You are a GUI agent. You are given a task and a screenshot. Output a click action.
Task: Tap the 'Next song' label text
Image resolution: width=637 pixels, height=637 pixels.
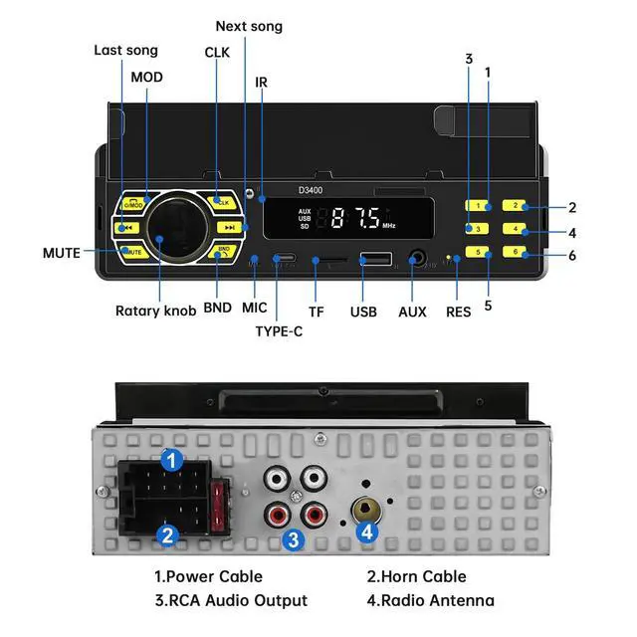(249, 27)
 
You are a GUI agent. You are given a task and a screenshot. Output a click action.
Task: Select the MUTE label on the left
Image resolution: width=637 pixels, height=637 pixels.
(61, 253)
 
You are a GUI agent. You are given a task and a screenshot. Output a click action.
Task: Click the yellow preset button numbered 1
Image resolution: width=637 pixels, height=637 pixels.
(478, 206)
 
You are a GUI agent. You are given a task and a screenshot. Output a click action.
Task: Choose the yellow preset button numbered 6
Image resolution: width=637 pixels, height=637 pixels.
(514, 252)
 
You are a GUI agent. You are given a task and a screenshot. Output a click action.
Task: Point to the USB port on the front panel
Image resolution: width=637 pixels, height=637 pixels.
(375, 261)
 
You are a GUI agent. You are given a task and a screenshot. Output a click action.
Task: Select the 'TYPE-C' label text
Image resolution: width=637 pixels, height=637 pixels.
(279, 331)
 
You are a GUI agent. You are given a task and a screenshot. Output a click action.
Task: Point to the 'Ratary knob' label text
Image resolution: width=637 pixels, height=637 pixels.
(156, 311)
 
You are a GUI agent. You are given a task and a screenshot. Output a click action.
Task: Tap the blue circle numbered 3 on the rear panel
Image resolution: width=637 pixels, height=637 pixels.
(293, 539)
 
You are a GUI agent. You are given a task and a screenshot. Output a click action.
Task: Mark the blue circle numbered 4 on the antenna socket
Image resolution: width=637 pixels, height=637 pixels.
(368, 532)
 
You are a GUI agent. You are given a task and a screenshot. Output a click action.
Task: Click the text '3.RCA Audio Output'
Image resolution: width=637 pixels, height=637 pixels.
(231, 600)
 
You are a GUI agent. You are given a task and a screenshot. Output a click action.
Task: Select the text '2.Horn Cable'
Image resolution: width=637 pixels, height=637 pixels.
(416, 576)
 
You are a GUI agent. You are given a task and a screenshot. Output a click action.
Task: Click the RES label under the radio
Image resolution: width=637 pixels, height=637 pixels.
(458, 312)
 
